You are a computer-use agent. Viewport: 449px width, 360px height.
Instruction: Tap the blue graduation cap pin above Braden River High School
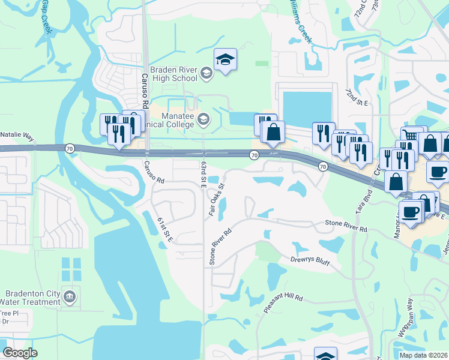pyautogui.click(x=225, y=60)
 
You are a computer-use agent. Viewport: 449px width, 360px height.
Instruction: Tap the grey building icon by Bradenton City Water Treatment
pyautogui.click(x=70, y=296)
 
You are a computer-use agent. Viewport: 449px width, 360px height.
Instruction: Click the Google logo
pyautogui.click(x=20, y=353)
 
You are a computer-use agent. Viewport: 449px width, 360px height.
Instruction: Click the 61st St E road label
pyautogui.click(x=165, y=230)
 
